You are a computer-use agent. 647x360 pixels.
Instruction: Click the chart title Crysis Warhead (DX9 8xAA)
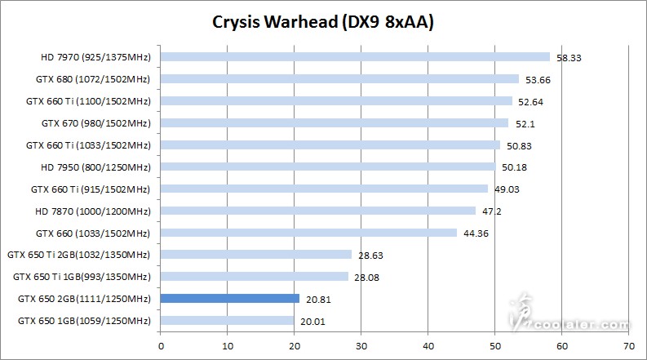coord(322,22)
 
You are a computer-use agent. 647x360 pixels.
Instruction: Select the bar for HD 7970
coord(355,57)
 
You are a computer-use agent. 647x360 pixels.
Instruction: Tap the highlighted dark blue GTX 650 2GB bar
coord(230,299)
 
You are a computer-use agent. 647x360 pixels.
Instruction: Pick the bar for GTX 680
coord(339,79)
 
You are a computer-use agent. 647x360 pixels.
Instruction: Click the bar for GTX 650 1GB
coord(228,321)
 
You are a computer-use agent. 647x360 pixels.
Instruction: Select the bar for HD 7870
coord(318,211)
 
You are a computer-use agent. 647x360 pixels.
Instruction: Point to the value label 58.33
coord(568,59)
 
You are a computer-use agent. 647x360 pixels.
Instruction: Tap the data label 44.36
coord(475,234)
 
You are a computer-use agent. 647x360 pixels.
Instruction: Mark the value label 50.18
coord(513,168)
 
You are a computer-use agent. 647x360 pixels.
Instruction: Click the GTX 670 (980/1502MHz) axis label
coord(95,123)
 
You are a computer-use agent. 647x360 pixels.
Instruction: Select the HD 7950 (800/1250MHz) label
coord(95,167)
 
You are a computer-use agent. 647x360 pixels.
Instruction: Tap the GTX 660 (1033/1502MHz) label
coord(95,233)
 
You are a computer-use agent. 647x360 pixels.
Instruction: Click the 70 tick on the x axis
coord(628,344)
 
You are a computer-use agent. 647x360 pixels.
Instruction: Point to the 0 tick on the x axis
coord(161,344)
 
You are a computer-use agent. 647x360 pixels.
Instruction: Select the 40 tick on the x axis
coord(428,344)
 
